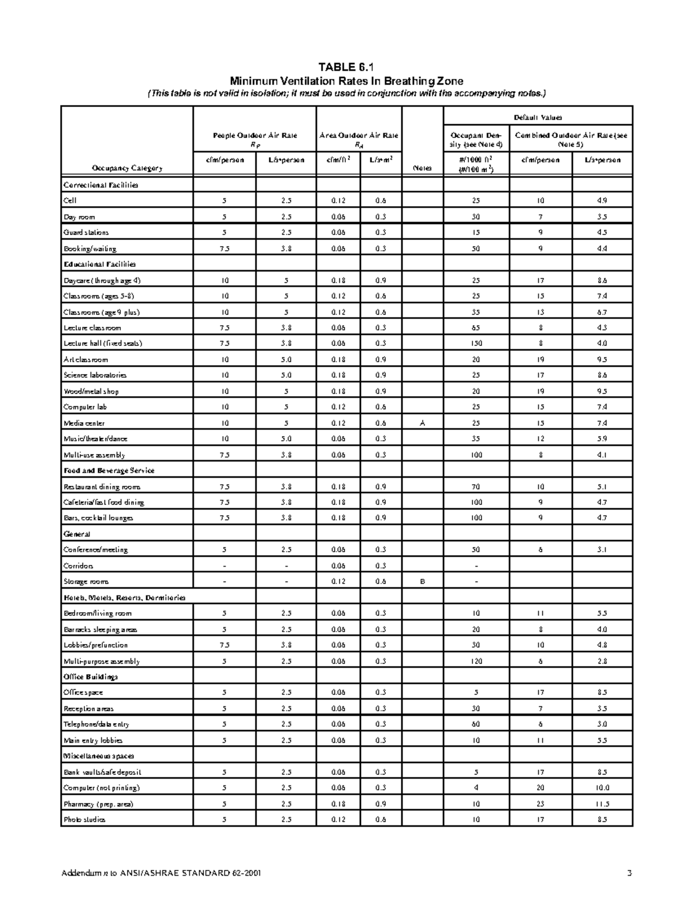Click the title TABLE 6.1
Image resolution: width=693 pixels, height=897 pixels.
pos(346,66)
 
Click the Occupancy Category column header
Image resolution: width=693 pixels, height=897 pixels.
pos(127,168)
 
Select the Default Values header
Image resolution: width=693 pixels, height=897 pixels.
pos(538,117)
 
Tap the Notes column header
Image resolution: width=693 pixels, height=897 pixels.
pos(422,168)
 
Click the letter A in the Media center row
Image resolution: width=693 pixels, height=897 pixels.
pos(422,423)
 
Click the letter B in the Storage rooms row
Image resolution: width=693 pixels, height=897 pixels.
pos(422,582)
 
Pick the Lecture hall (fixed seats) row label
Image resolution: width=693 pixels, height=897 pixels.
pos(103,343)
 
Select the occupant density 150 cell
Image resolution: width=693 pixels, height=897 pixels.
pos(476,343)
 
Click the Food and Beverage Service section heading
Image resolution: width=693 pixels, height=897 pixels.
pos(109,471)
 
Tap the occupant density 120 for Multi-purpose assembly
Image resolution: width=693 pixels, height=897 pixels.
pos(476,661)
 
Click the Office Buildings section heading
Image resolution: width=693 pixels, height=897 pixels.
pos(91,677)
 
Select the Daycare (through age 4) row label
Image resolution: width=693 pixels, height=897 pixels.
pos(102,281)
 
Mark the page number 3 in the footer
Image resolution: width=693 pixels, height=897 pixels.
pos(629,873)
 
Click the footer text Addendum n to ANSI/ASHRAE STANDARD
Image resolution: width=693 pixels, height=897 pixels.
pos(161,873)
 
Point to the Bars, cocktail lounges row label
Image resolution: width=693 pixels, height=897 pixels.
pos(98,518)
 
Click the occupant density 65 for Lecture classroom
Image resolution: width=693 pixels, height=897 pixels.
pos(476,327)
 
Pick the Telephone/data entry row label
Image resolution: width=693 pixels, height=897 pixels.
pos(96,724)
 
